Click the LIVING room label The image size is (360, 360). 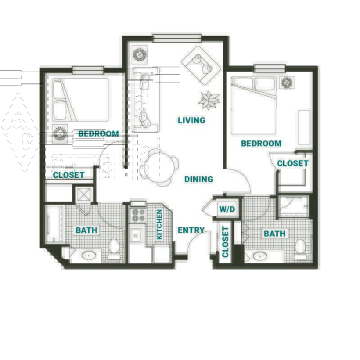pos(192,120)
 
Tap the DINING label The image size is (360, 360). pos(198,179)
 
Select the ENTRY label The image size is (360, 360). pos(191,230)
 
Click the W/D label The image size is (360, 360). pos(227,209)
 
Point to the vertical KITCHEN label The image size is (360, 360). pos(159,224)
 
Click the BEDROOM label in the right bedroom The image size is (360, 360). pos(261,144)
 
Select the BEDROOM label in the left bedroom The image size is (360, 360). pos(99,134)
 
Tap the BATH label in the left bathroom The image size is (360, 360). pos(86,230)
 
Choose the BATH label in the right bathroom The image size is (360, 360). pos(274,234)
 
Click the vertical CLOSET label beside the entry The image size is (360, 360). pos(225,242)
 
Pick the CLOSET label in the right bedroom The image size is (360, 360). pos(292,163)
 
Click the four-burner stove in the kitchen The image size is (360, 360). pos(138,215)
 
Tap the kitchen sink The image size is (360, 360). pos(136,235)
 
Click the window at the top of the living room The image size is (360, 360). pos(177,38)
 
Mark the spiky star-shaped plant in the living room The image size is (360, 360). pos(209,100)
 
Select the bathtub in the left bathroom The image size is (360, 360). pos(54,224)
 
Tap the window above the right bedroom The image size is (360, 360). pos(270,68)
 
